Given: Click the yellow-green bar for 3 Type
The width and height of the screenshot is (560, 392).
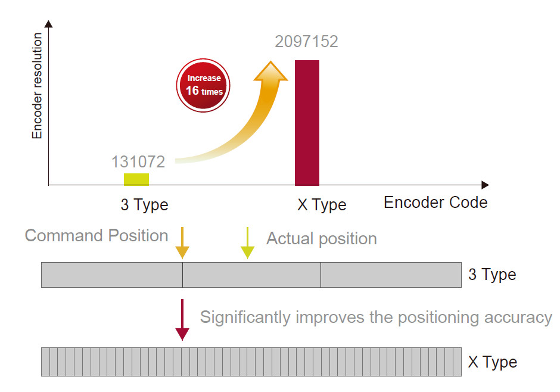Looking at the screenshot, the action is (136, 179).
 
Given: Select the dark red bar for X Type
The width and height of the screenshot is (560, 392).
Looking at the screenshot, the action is (307, 123).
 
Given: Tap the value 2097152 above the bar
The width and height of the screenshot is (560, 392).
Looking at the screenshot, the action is (306, 42).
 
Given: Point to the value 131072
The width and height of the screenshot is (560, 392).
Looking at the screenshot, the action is (138, 161).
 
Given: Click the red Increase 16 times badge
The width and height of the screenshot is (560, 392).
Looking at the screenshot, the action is (203, 85).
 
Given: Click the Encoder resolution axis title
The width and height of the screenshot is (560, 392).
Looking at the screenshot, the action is (37, 86).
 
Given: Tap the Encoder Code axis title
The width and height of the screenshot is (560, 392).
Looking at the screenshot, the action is (435, 203).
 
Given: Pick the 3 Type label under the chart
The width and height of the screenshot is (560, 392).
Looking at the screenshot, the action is (144, 205).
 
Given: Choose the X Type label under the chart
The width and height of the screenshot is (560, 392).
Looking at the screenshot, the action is (322, 205).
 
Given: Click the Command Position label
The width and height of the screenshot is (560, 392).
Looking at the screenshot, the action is (97, 236).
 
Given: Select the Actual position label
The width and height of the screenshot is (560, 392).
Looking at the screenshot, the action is (322, 238).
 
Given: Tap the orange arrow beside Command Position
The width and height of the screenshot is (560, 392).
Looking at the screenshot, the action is (182, 243).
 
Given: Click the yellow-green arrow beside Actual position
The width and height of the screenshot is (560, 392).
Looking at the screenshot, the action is (247, 243).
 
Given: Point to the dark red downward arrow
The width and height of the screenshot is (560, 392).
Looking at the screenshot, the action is (182, 320).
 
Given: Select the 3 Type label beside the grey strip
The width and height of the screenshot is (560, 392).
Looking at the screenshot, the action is (492, 275).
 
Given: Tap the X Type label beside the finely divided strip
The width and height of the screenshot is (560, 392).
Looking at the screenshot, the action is (493, 362).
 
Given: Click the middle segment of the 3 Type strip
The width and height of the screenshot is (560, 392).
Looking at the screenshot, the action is (251, 275).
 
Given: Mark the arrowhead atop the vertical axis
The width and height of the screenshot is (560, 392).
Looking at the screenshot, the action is (49, 24).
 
